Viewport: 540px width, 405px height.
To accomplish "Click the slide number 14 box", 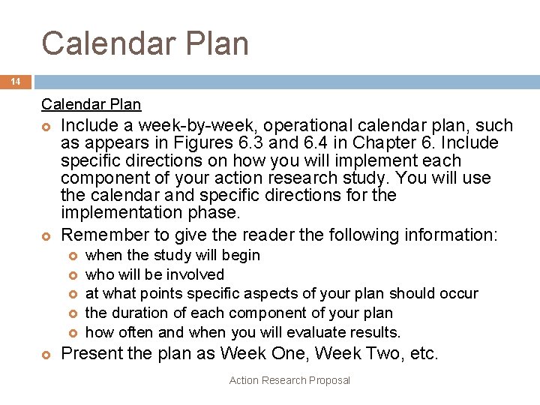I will [16, 82].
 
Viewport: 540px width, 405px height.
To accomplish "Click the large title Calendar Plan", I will [145, 43].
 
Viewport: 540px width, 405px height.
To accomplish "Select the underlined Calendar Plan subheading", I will [91, 104].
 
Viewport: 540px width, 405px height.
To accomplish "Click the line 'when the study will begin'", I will [173, 255].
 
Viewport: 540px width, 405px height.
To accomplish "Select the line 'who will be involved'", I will [154, 274].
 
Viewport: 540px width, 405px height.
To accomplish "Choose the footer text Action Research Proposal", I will [289, 380].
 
